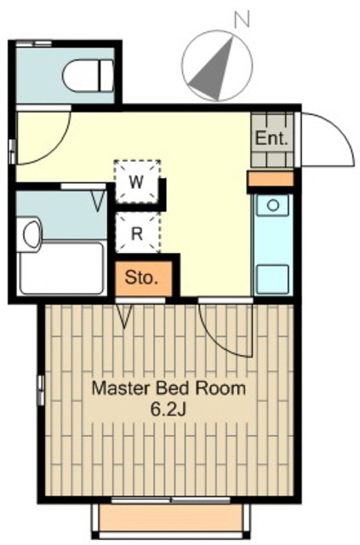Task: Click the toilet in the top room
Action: point(89,77)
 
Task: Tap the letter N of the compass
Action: point(243,20)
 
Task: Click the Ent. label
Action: point(271,139)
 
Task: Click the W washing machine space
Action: point(138,181)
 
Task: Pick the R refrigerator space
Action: point(138,232)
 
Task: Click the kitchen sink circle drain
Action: point(273,205)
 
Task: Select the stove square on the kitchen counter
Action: point(272,279)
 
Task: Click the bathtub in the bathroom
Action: point(61,268)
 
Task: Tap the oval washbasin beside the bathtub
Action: point(32,233)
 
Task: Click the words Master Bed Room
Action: point(169,388)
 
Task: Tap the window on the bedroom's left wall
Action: point(42,390)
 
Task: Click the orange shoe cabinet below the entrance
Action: point(271,179)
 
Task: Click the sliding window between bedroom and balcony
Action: point(170,501)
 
